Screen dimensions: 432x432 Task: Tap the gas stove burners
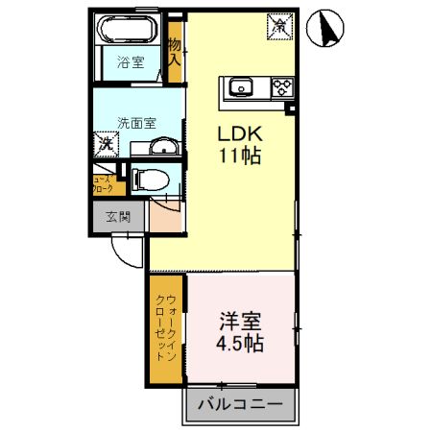[x=281, y=89]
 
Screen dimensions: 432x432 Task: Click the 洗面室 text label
[x=134, y=123]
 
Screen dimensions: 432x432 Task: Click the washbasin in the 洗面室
[x=165, y=146]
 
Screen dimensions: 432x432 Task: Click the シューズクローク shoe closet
[x=103, y=183]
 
